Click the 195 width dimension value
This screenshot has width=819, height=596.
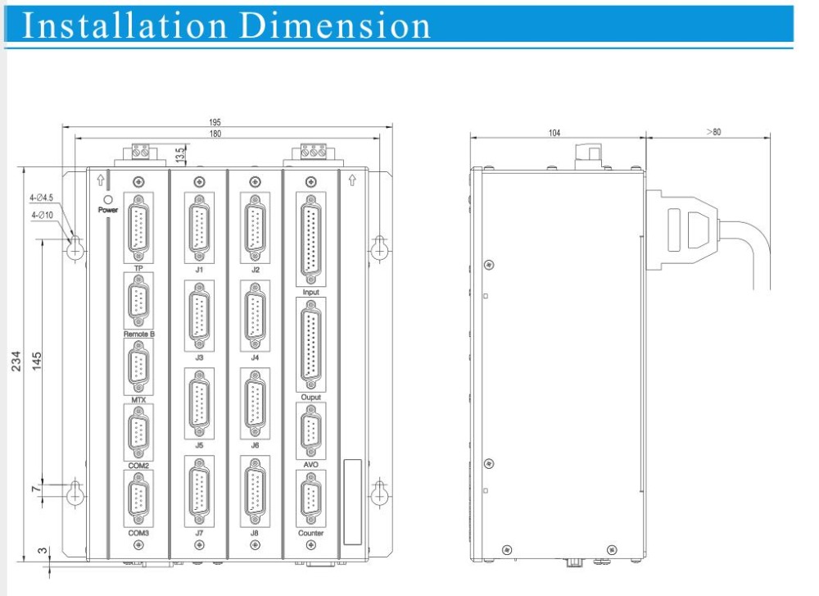(215, 122)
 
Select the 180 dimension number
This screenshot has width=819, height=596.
(215, 134)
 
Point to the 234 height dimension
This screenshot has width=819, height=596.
(16, 362)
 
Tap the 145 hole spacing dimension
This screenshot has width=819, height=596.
(37, 362)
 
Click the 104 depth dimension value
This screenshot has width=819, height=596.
(554, 133)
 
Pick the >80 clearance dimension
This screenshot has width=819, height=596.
(713, 132)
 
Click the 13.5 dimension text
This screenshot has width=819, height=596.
(180, 155)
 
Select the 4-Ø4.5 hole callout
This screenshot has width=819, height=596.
(41, 198)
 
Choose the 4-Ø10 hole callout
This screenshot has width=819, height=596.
(42, 215)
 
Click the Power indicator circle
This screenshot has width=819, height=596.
(108, 200)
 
